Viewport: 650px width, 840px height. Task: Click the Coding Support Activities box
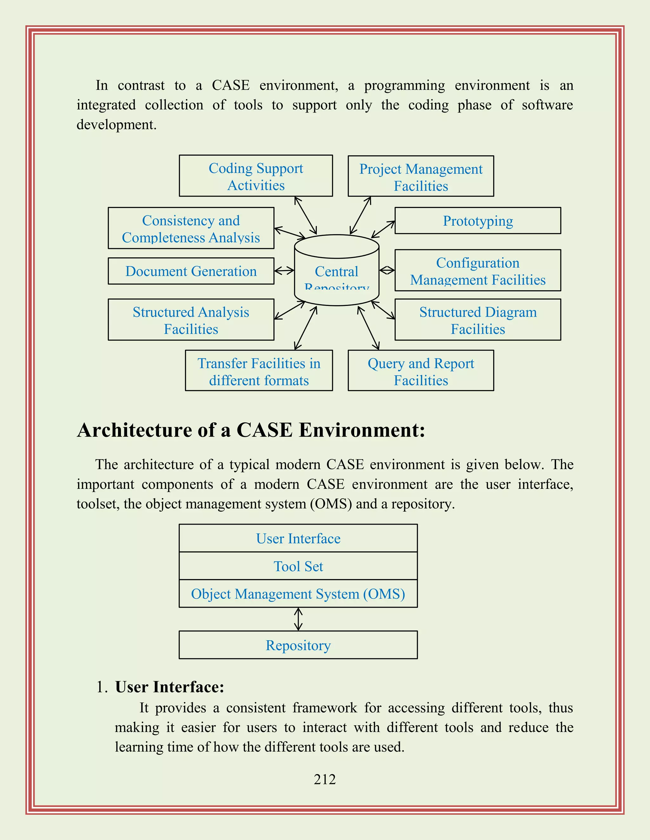tap(256, 176)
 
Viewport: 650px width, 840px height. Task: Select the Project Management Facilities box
tap(421, 177)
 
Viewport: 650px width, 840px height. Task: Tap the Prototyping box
tap(477, 221)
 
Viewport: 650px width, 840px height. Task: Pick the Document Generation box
tap(191, 271)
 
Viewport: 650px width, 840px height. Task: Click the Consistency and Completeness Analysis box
tap(191, 229)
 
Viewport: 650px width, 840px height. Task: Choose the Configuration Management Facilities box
tap(477, 270)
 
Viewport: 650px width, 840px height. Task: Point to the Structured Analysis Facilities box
tap(191, 320)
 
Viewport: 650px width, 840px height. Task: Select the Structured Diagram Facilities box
tap(477, 320)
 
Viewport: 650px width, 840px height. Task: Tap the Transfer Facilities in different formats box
tap(259, 371)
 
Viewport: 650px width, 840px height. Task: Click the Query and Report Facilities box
tap(421, 371)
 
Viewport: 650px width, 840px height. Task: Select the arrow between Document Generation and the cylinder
tap(284, 271)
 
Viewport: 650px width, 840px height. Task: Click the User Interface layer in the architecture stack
tap(298, 538)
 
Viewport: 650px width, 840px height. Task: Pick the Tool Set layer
tap(298, 566)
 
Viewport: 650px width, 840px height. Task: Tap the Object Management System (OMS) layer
tap(298, 593)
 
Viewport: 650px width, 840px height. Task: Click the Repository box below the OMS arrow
tap(298, 645)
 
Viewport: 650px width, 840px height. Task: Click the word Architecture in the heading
tap(134, 430)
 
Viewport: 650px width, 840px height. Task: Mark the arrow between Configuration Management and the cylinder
tap(387, 270)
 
